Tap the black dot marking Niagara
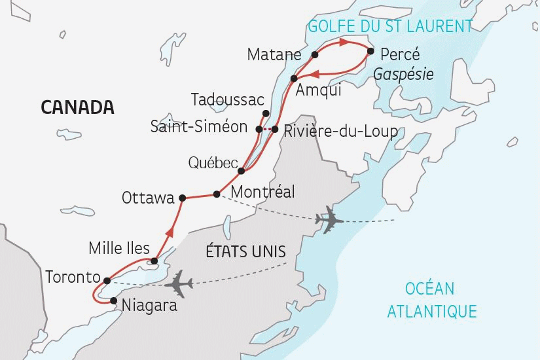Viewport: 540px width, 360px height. click(115, 301)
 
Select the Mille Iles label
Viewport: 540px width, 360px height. click(119, 248)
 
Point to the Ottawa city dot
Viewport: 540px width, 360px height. click(183, 198)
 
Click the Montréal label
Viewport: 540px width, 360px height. click(262, 192)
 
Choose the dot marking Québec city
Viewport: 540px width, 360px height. click(242, 171)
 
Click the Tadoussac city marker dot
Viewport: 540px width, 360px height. click(266, 113)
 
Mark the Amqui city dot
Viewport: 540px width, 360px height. click(294, 79)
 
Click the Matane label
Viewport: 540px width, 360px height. click(274, 54)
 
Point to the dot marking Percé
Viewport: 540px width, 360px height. click(370, 51)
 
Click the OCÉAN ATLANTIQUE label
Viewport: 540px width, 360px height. click(431, 300)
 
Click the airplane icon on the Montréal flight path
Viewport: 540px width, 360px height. click(329, 221)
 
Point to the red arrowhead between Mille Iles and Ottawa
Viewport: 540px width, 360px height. click(171, 230)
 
